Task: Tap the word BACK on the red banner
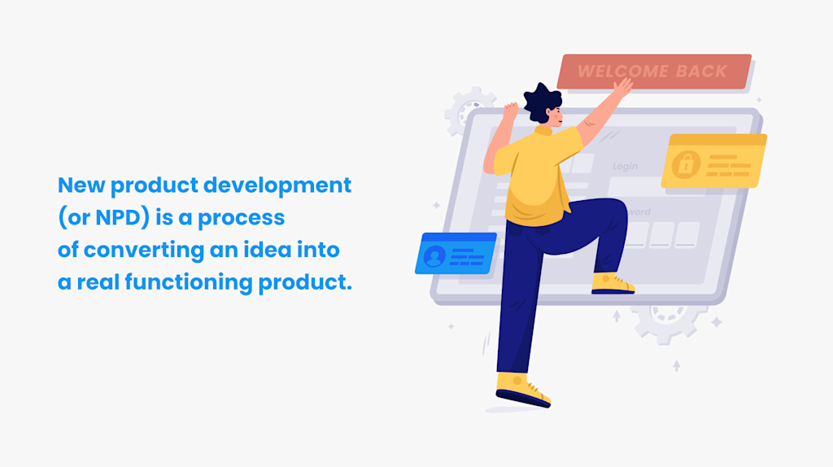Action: click(x=701, y=72)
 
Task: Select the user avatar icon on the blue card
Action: click(x=434, y=256)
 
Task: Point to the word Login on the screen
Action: click(x=625, y=167)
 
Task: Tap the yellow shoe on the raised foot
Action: click(x=612, y=283)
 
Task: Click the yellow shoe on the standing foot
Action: click(x=521, y=388)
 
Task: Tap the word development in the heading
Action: click(x=277, y=185)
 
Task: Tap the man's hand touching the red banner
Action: click(x=622, y=87)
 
